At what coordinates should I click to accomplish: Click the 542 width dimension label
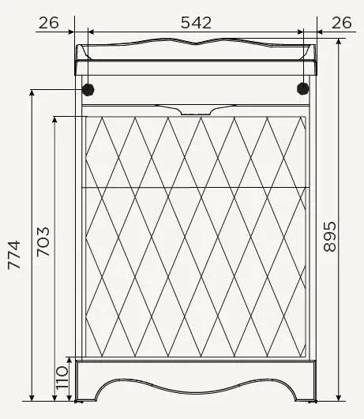196,23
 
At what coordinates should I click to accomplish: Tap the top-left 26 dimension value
49,23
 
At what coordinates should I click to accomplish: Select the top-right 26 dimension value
342,23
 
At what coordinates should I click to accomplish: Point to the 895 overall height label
329,237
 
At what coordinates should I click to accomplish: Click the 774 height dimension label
14,255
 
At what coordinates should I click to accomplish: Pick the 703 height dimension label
43,242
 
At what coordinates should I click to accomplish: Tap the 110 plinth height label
62,378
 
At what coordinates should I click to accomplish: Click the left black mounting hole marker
88,89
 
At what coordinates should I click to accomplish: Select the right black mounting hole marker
302,88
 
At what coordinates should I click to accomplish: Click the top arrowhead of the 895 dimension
339,41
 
